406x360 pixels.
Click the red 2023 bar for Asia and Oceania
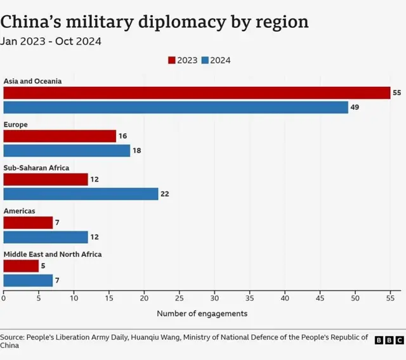click(x=197, y=93)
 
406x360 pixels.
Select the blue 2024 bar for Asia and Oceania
click(x=176, y=107)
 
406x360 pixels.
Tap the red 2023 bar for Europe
click(x=60, y=136)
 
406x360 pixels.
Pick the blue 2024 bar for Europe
click(x=67, y=151)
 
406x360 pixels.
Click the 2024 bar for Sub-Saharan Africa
click(x=81, y=194)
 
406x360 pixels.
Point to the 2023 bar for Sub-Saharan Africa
click(x=46, y=179)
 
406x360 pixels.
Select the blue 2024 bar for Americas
click(x=46, y=237)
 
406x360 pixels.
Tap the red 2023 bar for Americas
click(x=28, y=222)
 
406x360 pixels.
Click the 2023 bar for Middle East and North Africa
click(x=21, y=266)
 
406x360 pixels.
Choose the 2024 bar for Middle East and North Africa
click(x=28, y=280)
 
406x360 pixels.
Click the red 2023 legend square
click(x=171, y=60)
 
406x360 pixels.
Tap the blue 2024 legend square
click(x=205, y=60)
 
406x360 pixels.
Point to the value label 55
click(x=397, y=93)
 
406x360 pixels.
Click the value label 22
click(x=165, y=194)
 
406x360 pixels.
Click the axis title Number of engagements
click(x=202, y=313)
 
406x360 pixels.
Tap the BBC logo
click(x=389, y=340)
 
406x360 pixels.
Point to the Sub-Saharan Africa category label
click(x=36, y=168)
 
